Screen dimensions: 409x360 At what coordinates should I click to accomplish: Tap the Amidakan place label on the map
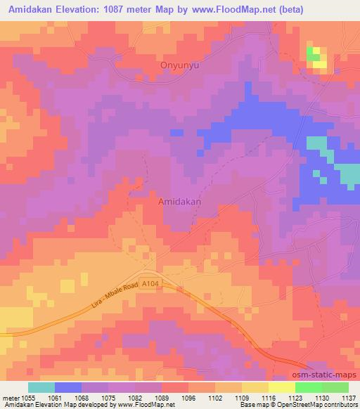point(179,200)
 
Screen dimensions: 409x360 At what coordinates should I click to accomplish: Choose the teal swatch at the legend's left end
point(41,387)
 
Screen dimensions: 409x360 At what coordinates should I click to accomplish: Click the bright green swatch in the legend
point(308,387)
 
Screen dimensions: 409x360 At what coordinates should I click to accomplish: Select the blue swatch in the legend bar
point(68,387)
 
